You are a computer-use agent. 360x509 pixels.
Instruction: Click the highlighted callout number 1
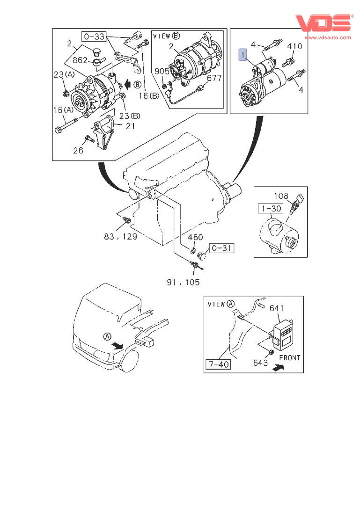pos(243,55)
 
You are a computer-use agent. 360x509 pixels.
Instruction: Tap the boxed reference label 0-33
pos(94,36)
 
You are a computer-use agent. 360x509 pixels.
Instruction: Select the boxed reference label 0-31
pos(221,248)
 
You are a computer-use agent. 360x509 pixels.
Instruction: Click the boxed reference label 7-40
pos(219,364)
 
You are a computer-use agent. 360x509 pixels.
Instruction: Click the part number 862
pos(80,60)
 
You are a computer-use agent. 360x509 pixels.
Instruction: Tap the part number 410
pos(294,46)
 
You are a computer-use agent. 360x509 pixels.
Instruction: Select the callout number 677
pos(214,78)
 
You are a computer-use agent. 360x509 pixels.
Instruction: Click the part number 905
pos(162,71)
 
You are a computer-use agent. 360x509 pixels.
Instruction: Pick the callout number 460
pos(195,237)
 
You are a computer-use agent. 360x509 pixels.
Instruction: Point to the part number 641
pos(277,308)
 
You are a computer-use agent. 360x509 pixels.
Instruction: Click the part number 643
pos(261,363)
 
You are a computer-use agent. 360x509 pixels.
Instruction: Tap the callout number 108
pos(281,196)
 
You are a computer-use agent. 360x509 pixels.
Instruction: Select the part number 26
pos(78,150)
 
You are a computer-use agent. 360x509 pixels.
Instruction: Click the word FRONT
pos(290,358)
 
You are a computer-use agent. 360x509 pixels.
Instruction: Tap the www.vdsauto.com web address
pos(328,37)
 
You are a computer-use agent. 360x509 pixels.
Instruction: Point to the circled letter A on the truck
pos(107,337)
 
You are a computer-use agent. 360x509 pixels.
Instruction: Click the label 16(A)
pos(63,110)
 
